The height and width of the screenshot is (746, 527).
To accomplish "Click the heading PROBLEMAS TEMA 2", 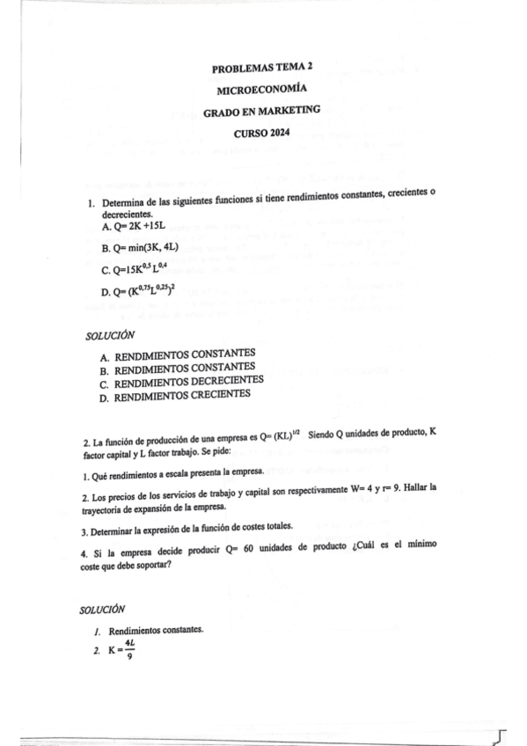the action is point(263,68).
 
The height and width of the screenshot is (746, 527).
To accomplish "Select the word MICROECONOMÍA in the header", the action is point(262,90).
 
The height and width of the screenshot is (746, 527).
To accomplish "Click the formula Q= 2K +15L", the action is point(134,227).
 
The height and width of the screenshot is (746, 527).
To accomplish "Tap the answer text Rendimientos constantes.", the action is point(156,631).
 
